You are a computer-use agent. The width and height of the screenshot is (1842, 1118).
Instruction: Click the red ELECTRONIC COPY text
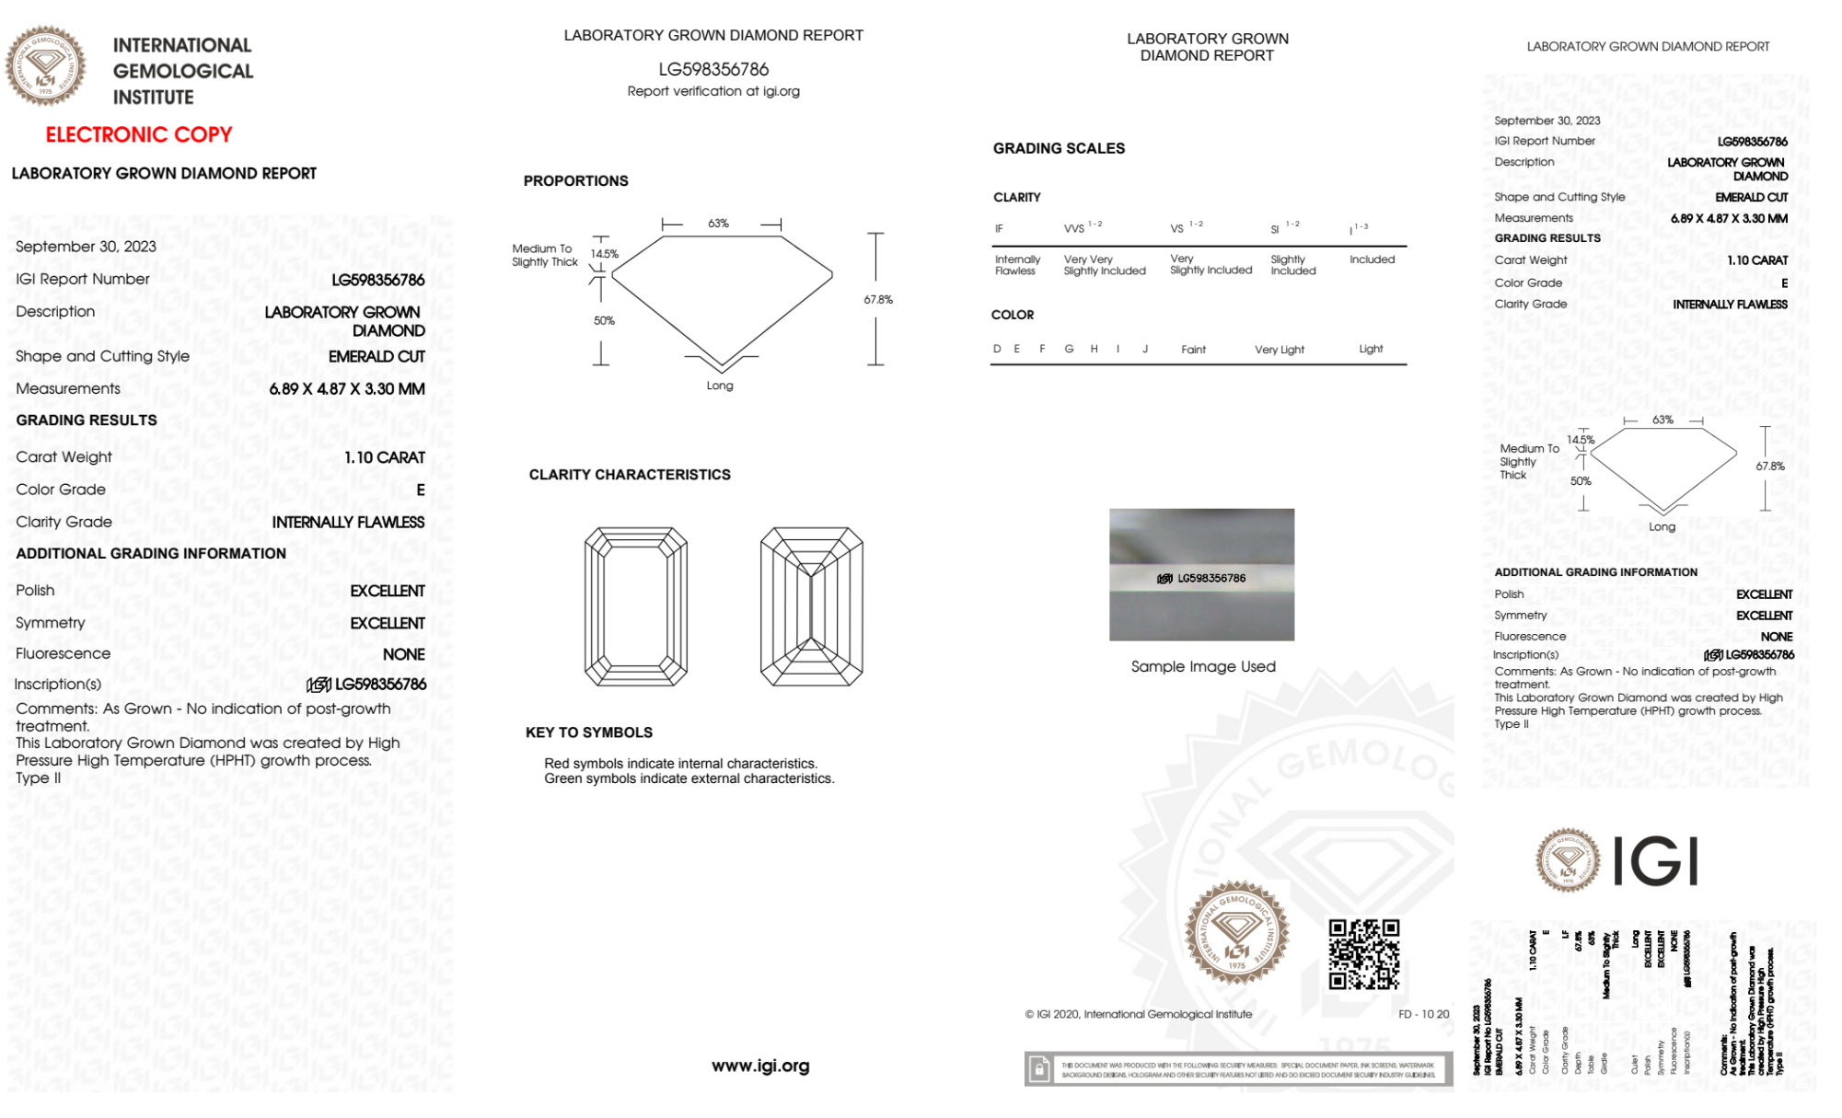tap(139, 134)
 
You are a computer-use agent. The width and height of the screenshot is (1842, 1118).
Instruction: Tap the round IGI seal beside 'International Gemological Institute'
tap(45, 66)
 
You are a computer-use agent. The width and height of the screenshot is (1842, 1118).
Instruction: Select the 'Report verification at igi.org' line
tap(713, 91)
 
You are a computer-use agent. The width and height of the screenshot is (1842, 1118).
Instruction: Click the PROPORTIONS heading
tap(575, 181)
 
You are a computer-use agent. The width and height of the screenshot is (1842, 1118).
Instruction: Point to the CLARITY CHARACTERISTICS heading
tap(630, 475)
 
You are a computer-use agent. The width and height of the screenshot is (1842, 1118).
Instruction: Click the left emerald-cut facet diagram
tap(636, 606)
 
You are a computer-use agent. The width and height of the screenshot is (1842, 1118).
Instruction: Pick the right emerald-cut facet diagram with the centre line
tap(811, 606)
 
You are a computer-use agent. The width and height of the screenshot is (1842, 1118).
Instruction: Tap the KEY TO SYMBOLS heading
tap(589, 732)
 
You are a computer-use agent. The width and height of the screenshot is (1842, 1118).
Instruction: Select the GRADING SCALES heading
tap(1059, 148)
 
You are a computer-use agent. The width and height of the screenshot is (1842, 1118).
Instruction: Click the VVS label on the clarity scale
tap(1074, 228)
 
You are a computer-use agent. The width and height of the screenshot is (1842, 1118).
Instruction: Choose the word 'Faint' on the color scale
tap(1193, 350)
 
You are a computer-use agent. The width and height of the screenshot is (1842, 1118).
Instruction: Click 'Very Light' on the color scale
tap(1279, 350)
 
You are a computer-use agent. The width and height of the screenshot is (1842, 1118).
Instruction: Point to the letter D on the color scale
tap(997, 349)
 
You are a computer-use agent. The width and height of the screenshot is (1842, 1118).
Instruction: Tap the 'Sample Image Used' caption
tap(1203, 666)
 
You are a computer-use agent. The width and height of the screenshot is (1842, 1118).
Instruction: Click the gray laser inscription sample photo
tap(1201, 574)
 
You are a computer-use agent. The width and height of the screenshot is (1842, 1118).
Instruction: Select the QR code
tap(1364, 954)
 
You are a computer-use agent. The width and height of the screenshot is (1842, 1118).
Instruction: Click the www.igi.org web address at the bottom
tap(760, 1066)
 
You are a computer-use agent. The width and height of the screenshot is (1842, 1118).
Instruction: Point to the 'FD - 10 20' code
tap(1423, 1014)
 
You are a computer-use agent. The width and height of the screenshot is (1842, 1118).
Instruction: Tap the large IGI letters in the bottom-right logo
tap(1656, 862)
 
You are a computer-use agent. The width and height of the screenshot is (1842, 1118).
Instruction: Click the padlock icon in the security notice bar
tap(1039, 1069)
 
